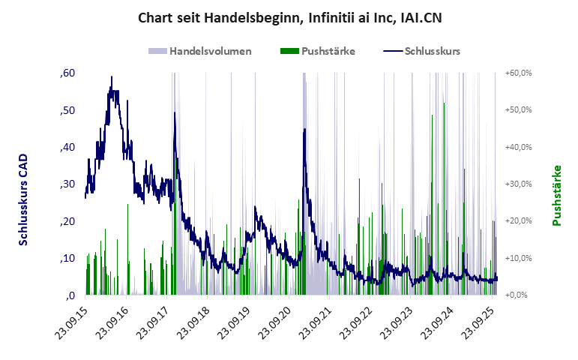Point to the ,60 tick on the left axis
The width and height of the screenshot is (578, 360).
67,73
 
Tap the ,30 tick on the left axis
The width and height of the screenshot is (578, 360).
67,184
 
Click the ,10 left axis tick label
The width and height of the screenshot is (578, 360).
67,259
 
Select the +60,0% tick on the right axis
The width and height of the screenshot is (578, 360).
518,73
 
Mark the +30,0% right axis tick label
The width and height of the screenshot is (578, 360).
518,184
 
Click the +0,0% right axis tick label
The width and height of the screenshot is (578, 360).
520,295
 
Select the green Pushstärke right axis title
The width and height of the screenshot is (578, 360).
557,196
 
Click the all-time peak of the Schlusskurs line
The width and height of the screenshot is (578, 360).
112,76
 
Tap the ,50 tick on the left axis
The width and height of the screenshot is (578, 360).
67,110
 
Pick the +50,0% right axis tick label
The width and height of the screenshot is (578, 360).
518,110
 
